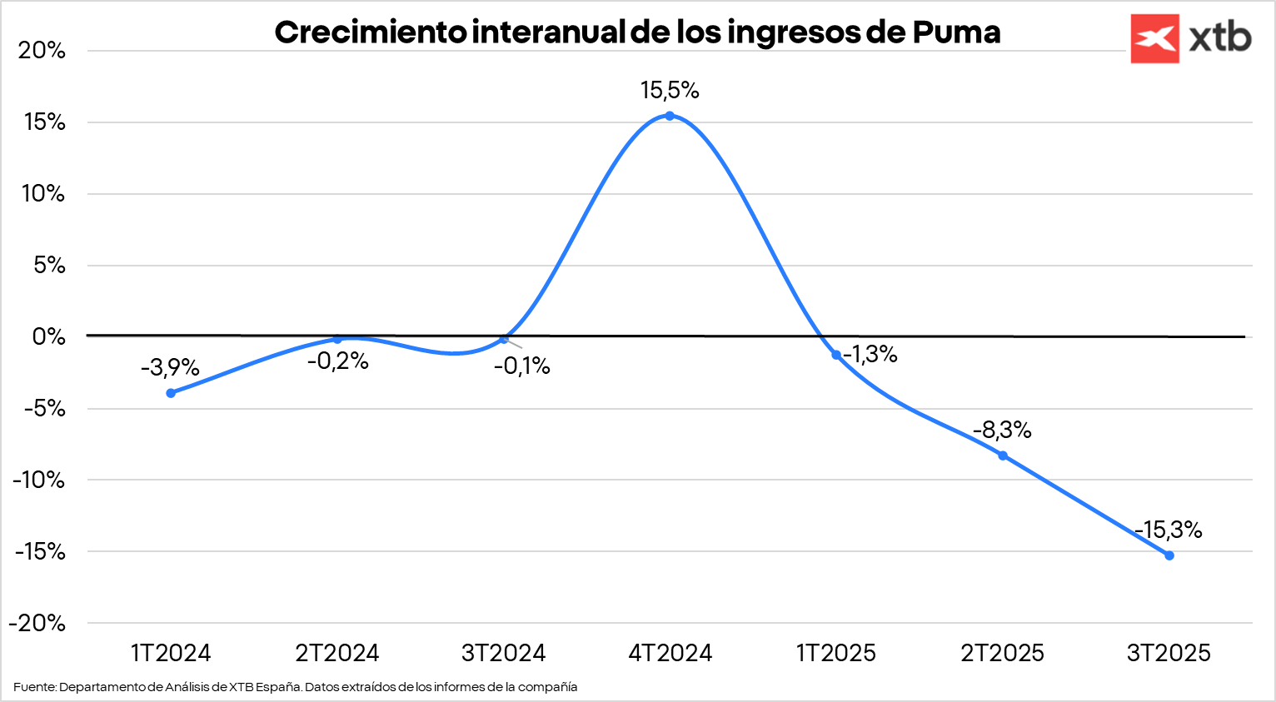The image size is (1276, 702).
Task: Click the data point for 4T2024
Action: [x=670, y=116]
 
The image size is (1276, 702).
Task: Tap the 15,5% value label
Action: [x=670, y=90]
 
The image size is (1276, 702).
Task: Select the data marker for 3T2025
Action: [x=1169, y=555]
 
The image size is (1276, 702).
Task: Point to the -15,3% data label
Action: [x=1169, y=530]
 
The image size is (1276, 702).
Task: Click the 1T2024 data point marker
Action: [x=171, y=393]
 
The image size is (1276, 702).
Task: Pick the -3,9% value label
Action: [x=170, y=367]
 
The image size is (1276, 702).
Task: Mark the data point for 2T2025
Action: [x=1003, y=456]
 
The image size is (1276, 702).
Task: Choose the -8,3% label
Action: [x=1003, y=430]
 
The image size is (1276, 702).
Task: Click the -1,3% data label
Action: [x=870, y=355]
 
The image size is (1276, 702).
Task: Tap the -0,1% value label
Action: [x=522, y=366]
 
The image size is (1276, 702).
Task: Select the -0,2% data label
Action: [x=337, y=361]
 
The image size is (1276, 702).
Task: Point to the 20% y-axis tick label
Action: [x=42, y=50]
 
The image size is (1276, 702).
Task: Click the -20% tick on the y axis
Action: [x=37, y=623]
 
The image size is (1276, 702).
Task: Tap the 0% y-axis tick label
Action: [x=48, y=336]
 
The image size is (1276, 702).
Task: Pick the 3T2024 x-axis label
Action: [x=503, y=653]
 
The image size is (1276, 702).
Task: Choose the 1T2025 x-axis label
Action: [x=836, y=653]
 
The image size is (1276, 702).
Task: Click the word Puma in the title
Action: [x=956, y=32]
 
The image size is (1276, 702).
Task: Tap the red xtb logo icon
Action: [x=1154, y=38]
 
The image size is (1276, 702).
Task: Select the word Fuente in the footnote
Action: [x=34, y=687]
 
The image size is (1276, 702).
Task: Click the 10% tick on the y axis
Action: [x=42, y=193]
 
